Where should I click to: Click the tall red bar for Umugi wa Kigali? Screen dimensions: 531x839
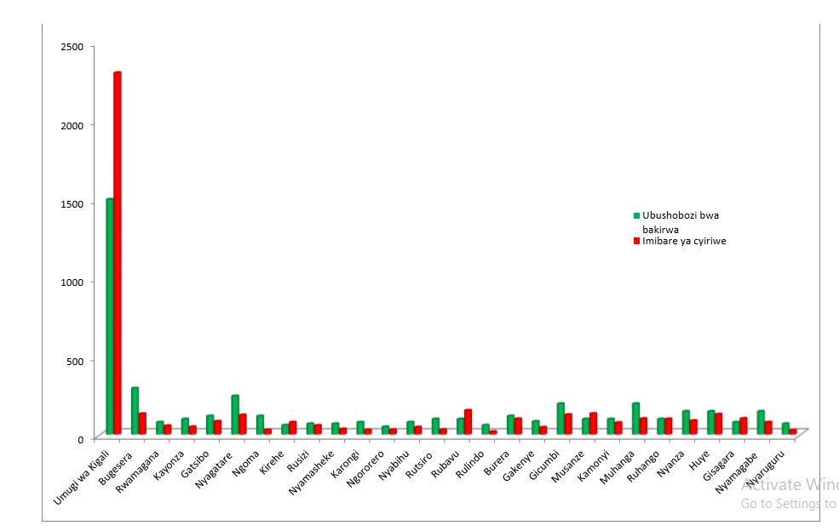118,255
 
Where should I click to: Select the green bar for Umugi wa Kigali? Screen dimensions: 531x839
109,315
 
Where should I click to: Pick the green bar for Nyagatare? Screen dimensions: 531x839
235,414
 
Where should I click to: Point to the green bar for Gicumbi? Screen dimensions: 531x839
560,418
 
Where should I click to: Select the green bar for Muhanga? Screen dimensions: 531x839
635,418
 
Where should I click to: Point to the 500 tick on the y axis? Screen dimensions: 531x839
75,361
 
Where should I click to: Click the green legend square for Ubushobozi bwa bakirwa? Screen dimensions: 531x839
636,215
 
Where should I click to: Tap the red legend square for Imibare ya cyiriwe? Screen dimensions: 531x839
636,241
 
